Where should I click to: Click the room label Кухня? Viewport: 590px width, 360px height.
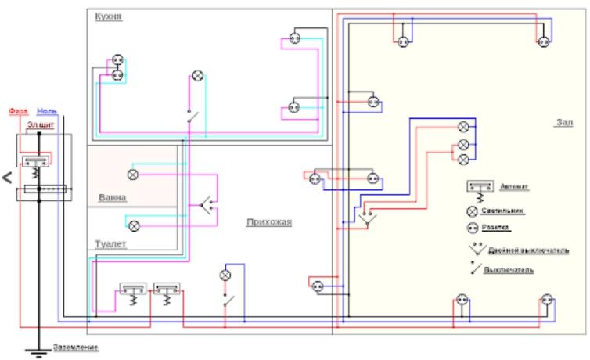(108, 16)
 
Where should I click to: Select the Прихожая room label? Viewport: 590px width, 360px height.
(268, 222)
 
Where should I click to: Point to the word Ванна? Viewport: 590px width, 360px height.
(113, 197)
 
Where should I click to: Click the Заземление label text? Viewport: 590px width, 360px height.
(76, 347)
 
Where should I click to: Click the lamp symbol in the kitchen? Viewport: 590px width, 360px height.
(198, 76)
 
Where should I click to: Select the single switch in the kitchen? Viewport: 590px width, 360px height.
(191, 117)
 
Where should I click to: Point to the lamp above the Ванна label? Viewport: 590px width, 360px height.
(133, 174)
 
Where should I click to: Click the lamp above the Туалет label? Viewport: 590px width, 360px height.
(134, 225)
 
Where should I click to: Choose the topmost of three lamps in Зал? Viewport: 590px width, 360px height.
(463, 127)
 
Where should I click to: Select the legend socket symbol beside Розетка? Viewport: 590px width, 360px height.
(473, 229)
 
